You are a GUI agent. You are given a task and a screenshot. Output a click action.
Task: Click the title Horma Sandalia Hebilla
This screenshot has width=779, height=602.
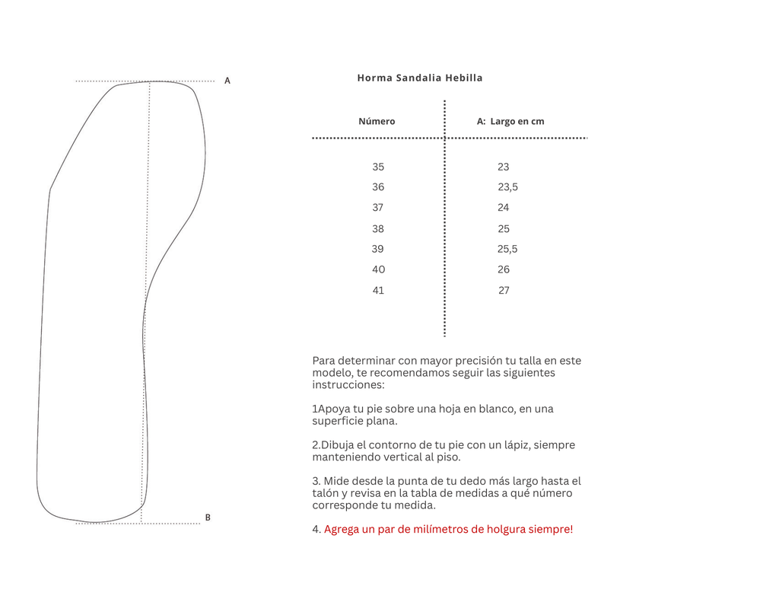pyautogui.click(x=420, y=78)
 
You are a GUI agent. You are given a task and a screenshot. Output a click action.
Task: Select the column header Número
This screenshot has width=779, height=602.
pyautogui.click(x=377, y=121)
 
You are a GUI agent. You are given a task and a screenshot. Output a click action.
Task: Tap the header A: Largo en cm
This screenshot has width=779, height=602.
pyautogui.click(x=510, y=121)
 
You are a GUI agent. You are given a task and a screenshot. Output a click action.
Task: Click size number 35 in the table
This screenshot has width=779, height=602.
pyautogui.click(x=378, y=167)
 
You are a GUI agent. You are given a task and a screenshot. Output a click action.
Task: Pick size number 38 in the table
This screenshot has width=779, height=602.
pyautogui.click(x=378, y=228)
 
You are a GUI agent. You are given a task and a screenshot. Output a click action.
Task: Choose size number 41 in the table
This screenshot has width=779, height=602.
pyautogui.click(x=378, y=290)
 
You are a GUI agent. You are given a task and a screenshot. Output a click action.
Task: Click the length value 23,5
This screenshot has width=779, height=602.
pyautogui.click(x=507, y=187)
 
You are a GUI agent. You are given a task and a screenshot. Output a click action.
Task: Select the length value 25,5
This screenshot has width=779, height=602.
pyautogui.click(x=507, y=249)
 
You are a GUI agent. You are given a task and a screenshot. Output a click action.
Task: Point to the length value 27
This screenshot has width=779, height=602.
pyautogui.click(x=504, y=290)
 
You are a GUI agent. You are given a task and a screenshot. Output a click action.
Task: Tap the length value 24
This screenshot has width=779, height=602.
pyautogui.click(x=504, y=208)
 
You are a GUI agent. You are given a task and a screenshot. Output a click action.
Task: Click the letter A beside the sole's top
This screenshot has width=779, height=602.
pyautogui.click(x=227, y=81)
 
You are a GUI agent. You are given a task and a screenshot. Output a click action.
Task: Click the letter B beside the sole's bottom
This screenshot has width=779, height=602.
pyautogui.click(x=208, y=518)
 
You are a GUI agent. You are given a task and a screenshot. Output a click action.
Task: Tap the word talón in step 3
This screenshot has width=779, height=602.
pyautogui.click(x=326, y=493)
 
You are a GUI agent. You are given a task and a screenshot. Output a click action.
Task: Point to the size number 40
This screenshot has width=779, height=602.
pyautogui.click(x=378, y=269)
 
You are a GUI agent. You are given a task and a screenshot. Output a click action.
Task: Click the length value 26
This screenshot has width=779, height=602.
pyautogui.click(x=504, y=269)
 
